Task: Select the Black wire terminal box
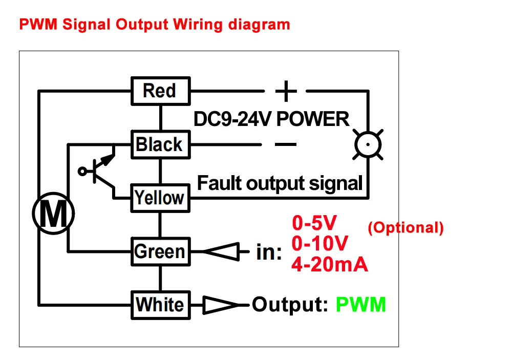tap(160, 144)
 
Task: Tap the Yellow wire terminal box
tap(160, 198)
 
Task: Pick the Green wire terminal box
tap(160, 251)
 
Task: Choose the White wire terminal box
tap(160, 305)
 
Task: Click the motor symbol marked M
tap(53, 214)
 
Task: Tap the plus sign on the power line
tap(286, 92)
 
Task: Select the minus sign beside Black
tap(285, 144)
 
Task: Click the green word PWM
tap(360, 305)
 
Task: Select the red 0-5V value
tap(314, 223)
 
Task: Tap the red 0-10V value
tap(320, 243)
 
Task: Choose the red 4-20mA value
tap(329, 264)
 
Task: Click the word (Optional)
tap(406, 228)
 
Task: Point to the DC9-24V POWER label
tap(271, 119)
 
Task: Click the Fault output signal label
tap(280, 183)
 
